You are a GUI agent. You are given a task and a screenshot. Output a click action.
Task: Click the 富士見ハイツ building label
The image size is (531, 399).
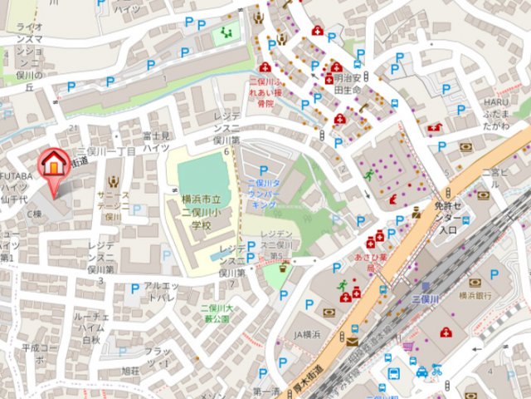click(x=157, y=140)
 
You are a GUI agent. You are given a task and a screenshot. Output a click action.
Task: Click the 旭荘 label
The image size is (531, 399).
click(x=131, y=370)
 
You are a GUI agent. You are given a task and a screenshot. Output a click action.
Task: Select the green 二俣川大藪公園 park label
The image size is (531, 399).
click(x=215, y=314)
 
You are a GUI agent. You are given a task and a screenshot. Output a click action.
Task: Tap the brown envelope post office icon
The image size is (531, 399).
click(x=352, y=342)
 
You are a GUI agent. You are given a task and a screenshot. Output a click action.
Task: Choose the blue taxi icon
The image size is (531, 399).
click(x=421, y=372)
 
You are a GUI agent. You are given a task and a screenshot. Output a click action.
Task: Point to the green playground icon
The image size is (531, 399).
click(x=226, y=33)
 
